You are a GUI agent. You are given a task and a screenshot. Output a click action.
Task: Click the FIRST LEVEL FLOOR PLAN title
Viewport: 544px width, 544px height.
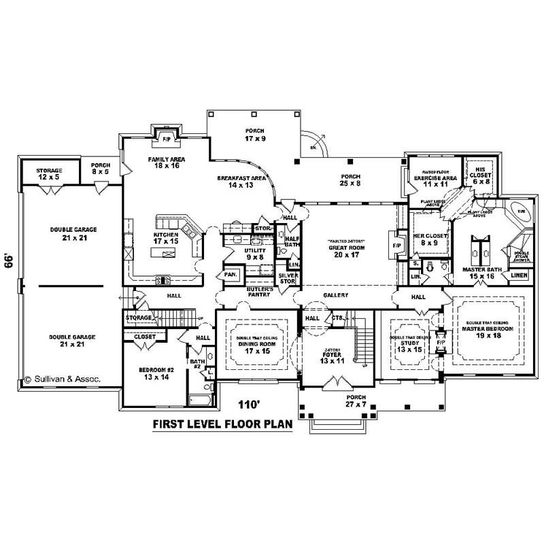[x=222, y=424]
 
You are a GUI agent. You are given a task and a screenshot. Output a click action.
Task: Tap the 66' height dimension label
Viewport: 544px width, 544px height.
[x=10, y=262]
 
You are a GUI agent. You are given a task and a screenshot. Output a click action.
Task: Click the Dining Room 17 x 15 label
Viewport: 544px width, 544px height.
[x=256, y=348]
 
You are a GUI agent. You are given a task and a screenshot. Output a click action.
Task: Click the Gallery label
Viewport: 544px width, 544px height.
[x=337, y=295]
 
